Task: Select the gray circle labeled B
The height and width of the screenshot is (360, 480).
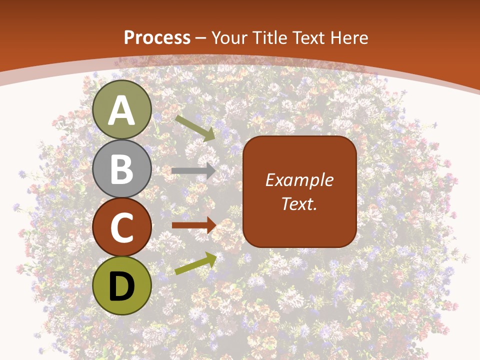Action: (x=122, y=168)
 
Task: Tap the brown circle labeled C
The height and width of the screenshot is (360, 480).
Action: (x=122, y=227)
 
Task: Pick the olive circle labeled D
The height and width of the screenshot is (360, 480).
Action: (x=122, y=285)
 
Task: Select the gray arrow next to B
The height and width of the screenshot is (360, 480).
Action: (x=193, y=171)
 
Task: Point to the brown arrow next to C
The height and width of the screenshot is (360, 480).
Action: (x=193, y=225)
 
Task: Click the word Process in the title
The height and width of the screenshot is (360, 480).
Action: (x=157, y=38)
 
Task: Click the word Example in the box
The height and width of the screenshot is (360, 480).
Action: (x=299, y=180)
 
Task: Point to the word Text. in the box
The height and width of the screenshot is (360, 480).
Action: (x=299, y=203)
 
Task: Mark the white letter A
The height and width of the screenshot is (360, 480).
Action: (x=122, y=111)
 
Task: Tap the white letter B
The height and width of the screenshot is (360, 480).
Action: (x=122, y=169)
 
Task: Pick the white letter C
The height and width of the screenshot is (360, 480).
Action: (x=122, y=228)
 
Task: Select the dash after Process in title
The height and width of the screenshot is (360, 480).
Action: (x=201, y=38)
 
